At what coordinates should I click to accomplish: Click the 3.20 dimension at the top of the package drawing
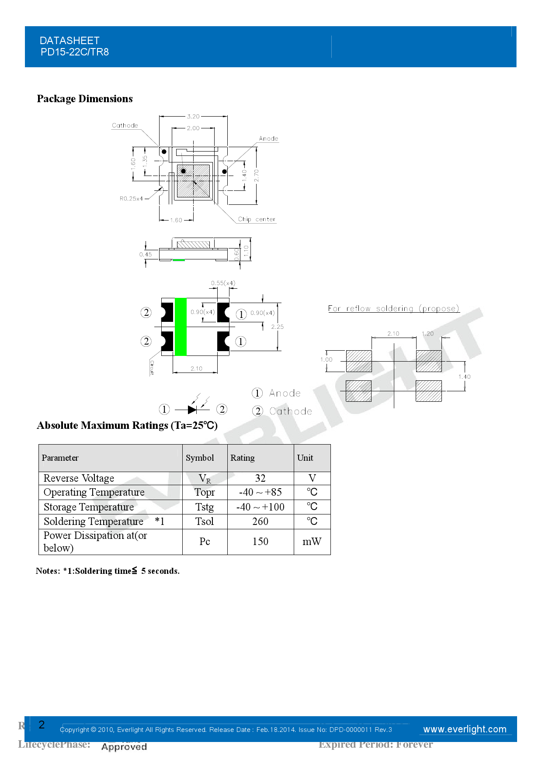tap(193, 117)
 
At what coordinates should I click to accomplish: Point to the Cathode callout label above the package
tap(125, 125)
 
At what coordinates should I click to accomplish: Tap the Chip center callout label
tap(257, 219)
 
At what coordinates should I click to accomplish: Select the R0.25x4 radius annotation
tap(131, 198)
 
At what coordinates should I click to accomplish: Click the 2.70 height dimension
tap(257, 175)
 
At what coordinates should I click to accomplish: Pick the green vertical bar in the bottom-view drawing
tap(181, 327)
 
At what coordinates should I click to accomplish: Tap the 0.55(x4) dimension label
tap(223, 283)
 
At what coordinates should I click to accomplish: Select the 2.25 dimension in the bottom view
tap(277, 327)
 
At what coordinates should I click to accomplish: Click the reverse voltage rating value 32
tap(261, 478)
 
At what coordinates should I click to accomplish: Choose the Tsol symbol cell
tap(205, 521)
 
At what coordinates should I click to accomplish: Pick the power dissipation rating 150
tap(261, 542)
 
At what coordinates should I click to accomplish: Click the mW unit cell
tap(312, 542)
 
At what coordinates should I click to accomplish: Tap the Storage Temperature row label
tap(89, 507)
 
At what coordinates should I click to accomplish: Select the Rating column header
tap(243, 458)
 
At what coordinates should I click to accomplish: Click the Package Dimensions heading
tap(85, 99)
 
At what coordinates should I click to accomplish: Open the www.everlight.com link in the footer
tap(465, 729)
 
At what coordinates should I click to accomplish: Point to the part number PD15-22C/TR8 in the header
tap(75, 52)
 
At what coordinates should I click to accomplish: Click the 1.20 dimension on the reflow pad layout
tap(427, 334)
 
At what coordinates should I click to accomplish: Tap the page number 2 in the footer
tap(42, 725)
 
